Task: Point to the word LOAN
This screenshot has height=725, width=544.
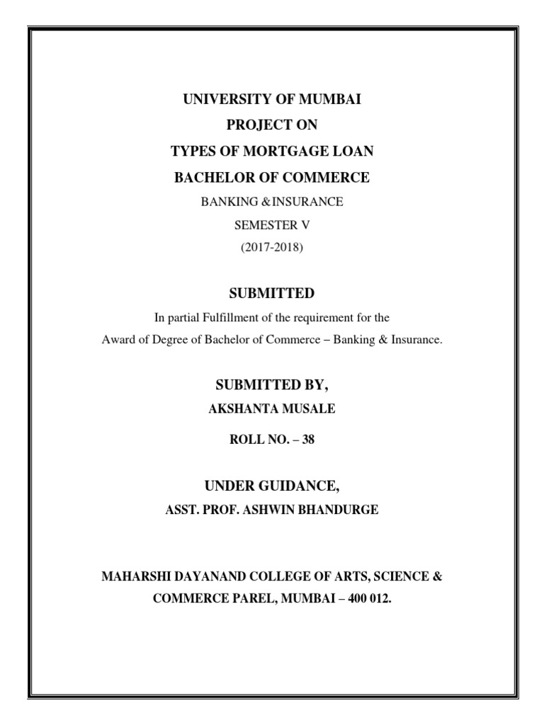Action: click(353, 152)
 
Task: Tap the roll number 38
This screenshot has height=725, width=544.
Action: click(307, 440)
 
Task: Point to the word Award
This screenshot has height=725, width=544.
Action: click(118, 340)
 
